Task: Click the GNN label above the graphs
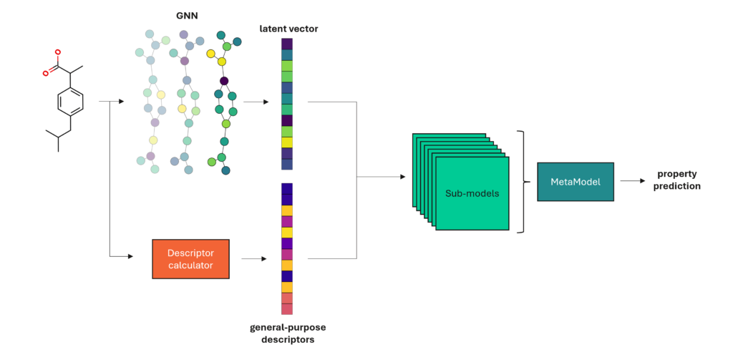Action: (188, 14)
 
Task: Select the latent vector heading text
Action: (288, 28)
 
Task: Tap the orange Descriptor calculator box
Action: (190, 258)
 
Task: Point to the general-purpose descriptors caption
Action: (286, 334)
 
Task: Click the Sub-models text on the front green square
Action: (472, 194)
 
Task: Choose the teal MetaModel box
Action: (576, 182)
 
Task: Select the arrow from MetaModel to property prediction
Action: (633, 182)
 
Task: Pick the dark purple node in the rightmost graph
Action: (224, 80)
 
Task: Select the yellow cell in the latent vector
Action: (287, 142)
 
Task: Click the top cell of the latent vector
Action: (287, 44)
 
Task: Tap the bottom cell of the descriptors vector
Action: (287, 309)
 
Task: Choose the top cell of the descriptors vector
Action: (287, 189)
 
